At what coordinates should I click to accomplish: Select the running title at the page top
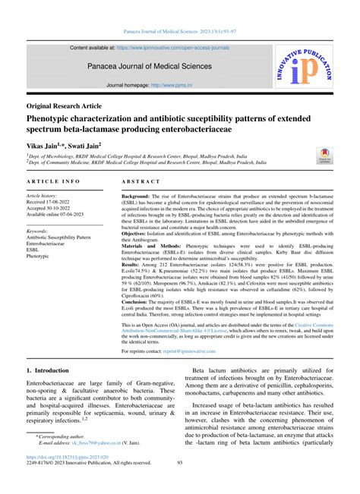click(x=180, y=32)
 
